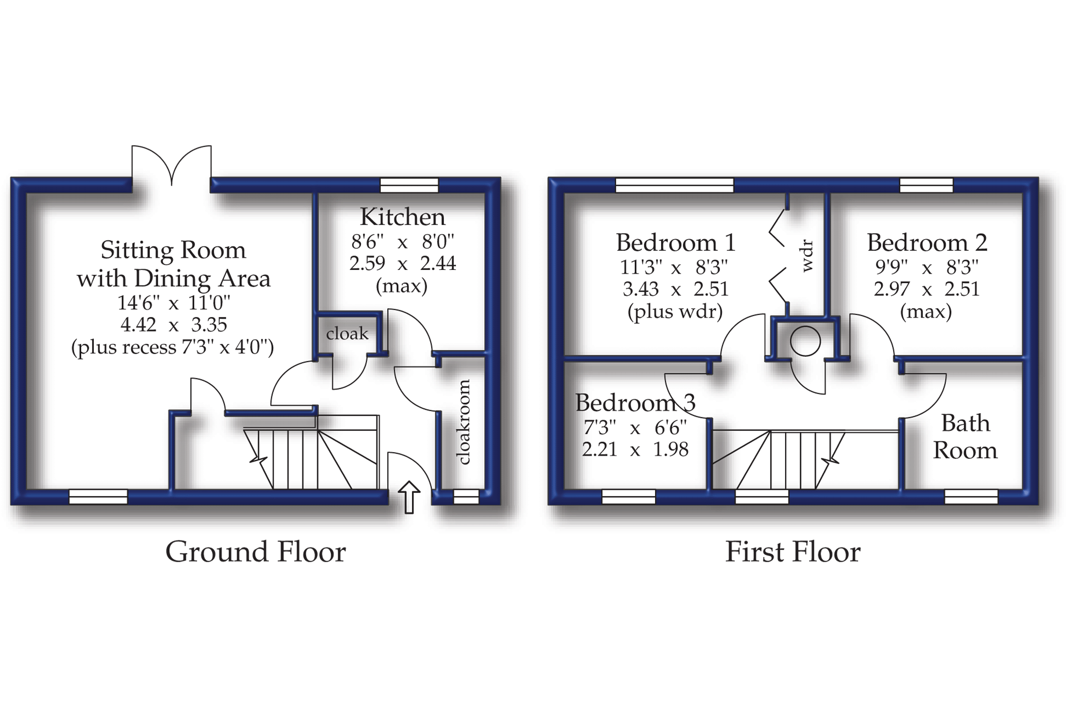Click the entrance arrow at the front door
(x=409, y=497)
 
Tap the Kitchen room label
(x=402, y=217)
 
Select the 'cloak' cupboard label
(x=347, y=334)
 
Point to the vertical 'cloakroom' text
(x=463, y=422)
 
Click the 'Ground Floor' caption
(x=256, y=552)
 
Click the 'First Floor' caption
(x=793, y=552)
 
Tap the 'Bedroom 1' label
(x=675, y=243)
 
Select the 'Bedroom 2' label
(x=927, y=243)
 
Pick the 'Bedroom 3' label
(x=635, y=403)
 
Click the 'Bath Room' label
(x=965, y=437)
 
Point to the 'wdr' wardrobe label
(x=807, y=256)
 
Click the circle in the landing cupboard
(x=805, y=342)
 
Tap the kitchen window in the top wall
(x=409, y=185)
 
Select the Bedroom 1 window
(x=675, y=185)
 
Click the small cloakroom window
(x=466, y=497)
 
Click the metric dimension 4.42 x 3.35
(x=173, y=324)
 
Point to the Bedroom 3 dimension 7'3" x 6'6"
(x=635, y=428)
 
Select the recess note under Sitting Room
(x=172, y=348)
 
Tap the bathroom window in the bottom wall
(x=971, y=497)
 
